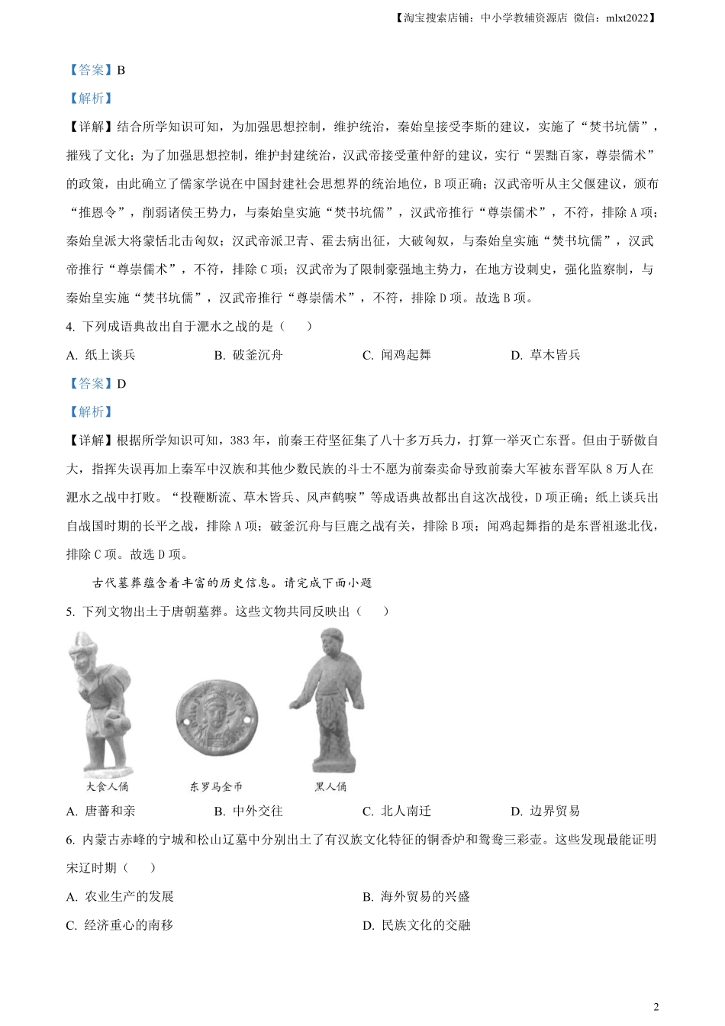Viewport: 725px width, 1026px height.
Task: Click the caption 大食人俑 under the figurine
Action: coord(107,786)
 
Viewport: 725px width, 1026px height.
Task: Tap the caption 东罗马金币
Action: coord(216,786)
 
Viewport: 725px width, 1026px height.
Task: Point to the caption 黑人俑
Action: coord(330,786)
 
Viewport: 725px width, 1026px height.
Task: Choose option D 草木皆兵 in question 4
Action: coord(546,355)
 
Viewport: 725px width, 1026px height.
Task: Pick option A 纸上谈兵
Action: coord(101,355)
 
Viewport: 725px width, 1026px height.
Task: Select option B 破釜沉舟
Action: coord(249,355)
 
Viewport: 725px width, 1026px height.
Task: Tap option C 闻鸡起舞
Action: coord(397,355)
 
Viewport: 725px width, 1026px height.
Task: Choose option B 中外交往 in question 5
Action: coord(249,811)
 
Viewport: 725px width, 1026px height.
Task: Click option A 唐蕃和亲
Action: coord(101,811)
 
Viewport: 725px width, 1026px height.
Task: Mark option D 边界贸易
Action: coord(546,811)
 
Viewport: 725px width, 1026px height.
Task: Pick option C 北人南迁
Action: coord(397,811)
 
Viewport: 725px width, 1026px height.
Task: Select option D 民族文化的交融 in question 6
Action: coord(417,925)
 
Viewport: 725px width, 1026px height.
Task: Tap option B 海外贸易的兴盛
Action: coord(417,896)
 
